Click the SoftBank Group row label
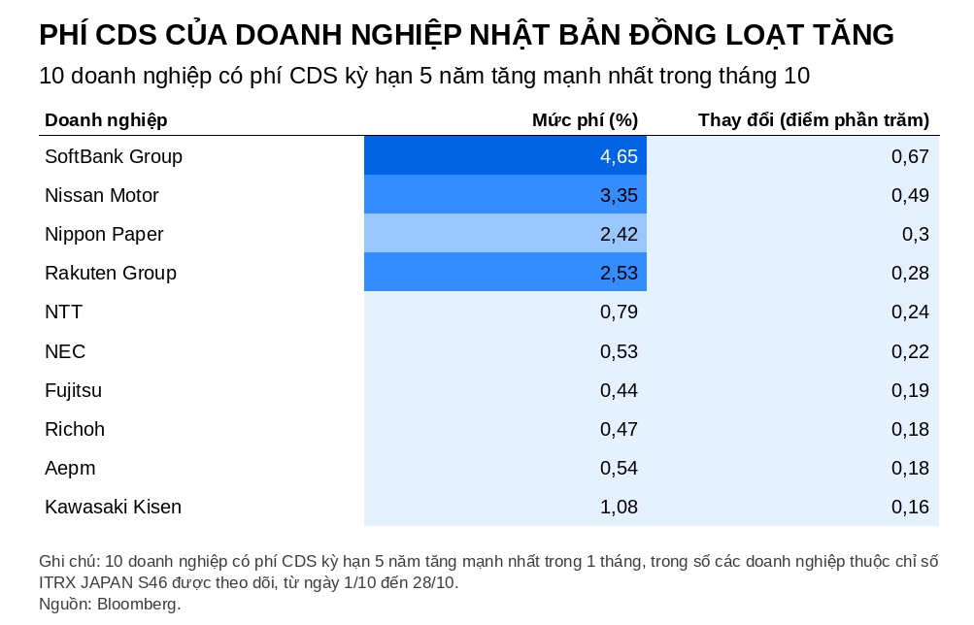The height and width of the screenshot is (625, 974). (114, 156)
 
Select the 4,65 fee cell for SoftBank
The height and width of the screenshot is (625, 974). (619, 156)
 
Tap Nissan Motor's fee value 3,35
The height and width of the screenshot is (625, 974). (619, 195)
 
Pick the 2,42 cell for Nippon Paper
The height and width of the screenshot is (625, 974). (619, 234)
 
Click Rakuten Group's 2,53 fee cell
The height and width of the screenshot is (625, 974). (619, 273)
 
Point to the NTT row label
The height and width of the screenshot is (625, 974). (63, 312)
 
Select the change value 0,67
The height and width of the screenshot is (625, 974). (910, 156)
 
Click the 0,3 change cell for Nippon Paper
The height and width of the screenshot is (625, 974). (916, 234)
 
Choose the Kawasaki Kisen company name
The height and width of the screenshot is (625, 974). (113, 507)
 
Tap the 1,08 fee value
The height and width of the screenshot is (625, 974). (619, 507)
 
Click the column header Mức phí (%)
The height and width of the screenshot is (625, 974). (586, 119)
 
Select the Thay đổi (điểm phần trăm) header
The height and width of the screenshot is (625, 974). (814, 119)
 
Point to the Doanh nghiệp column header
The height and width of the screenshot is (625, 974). (106, 120)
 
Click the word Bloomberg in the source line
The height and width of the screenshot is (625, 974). (139, 604)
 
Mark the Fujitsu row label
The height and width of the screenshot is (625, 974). (73, 390)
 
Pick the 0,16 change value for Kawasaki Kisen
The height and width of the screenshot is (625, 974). (910, 507)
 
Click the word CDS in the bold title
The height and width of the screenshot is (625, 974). (126, 35)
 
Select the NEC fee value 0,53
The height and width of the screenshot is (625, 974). (619, 352)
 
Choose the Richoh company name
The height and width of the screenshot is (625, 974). (75, 430)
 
